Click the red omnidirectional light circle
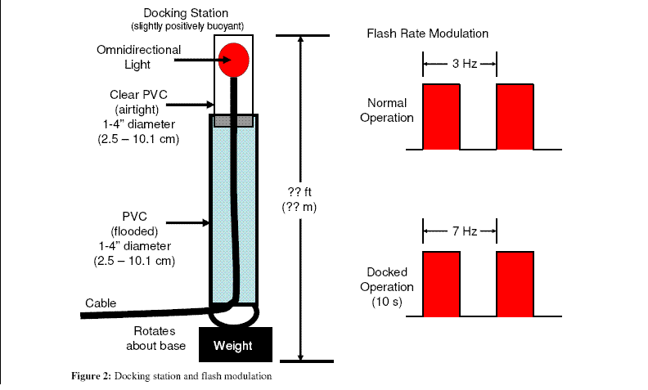coord(233,60)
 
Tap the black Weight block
coord(236,344)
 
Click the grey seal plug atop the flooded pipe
coord(233,121)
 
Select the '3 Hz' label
coord(465,64)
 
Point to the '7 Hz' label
coord(465,231)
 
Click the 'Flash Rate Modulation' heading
coord(427,34)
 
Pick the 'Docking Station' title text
coord(186,13)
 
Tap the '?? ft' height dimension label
coord(299,192)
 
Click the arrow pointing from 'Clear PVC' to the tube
coord(189,105)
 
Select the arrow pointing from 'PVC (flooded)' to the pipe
coord(187,223)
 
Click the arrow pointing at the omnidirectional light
coord(202,61)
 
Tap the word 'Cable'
coord(101,303)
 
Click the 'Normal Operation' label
coord(387,110)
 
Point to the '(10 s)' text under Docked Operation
coord(387,302)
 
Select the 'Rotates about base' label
coord(155,338)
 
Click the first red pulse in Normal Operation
coord(441,117)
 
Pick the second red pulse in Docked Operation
coord(515,284)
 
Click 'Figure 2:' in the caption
coord(92,376)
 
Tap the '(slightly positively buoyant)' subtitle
coord(187,26)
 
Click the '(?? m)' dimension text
coord(299,207)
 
